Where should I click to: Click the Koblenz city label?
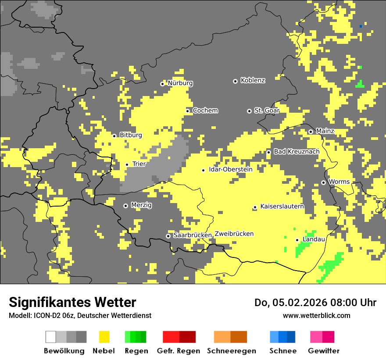point(253,81)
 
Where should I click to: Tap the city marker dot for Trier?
point(127,164)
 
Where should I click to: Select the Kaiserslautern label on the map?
point(282,206)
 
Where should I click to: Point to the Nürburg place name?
point(180,83)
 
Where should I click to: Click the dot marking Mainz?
point(311,132)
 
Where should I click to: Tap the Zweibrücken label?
point(234,234)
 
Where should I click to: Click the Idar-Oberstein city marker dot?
point(203,170)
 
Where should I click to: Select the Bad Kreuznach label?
point(297,151)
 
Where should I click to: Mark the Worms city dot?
point(323,182)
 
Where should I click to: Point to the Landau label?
point(314,239)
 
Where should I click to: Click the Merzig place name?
point(141,205)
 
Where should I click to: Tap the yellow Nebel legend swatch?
point(104,337)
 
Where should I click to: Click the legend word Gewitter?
point(323,351)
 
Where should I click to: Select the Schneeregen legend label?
point(231,351)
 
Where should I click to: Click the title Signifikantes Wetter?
point(72,302)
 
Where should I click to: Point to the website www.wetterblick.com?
point(316,315)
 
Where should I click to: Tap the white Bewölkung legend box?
point(50,337)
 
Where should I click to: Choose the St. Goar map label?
point(267,111)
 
